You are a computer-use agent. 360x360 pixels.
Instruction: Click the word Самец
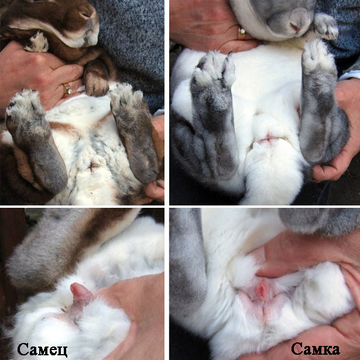(x=43, y=349)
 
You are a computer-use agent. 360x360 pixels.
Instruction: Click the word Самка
(x=316, y=349)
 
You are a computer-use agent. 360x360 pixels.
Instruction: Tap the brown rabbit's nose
(x=87, y=14)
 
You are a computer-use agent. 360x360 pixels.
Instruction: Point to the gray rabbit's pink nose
(x=295, y=27)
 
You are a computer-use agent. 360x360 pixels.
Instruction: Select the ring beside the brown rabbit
(x=67, y=90)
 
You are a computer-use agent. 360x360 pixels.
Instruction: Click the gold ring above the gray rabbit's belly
(x=242, y=34)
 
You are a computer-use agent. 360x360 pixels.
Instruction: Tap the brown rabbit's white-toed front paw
(x=37, y=42)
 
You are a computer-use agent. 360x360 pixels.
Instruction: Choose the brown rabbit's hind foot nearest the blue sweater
(x=134, y=132)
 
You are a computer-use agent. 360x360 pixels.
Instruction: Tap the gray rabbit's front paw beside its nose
(x=325, y=26)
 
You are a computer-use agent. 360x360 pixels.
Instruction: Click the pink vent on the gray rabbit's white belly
(x=267, y=139)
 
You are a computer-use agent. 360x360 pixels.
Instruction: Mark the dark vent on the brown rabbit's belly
(x=92, y=166)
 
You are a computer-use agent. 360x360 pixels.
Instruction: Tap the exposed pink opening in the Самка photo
(x=261, y=290)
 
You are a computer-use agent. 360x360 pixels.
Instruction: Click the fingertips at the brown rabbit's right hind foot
(x=155, y=190)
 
